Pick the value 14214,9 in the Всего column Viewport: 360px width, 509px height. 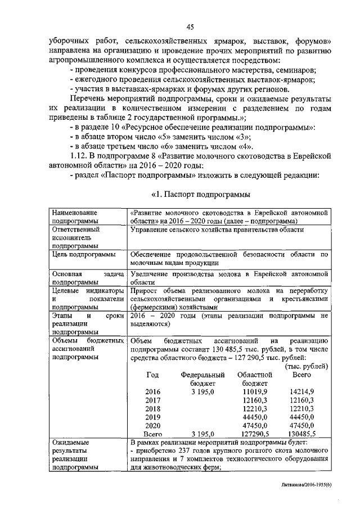click(301, 391)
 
